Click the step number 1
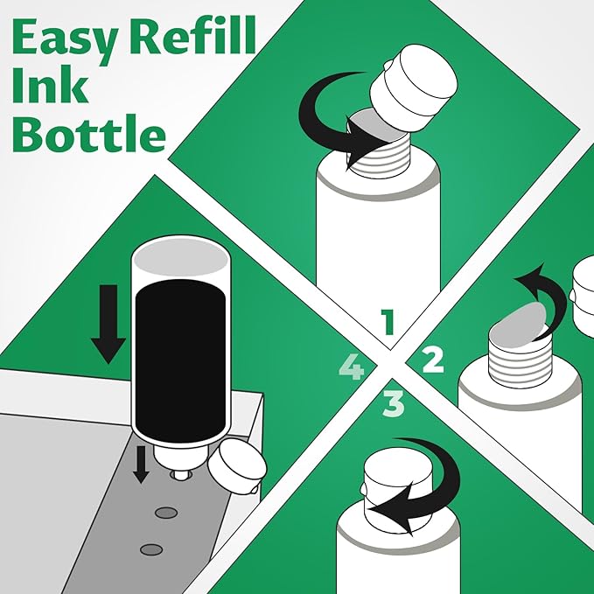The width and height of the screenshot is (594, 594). tap(388, 323)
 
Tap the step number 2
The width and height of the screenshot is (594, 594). tap(433, 360)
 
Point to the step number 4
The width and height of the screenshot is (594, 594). tap(351, 368)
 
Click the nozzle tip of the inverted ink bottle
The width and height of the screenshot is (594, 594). tap(180, 473)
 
